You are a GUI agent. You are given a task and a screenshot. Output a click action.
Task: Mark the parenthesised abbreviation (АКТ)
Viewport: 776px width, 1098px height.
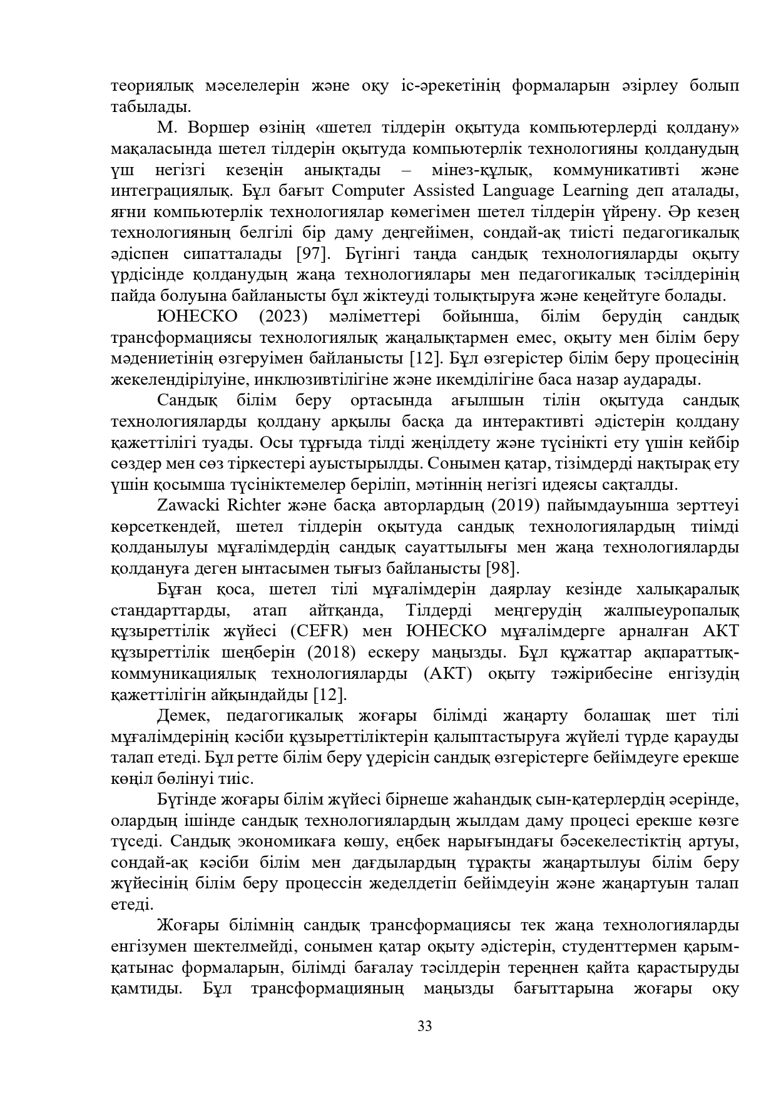point(445,673)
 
